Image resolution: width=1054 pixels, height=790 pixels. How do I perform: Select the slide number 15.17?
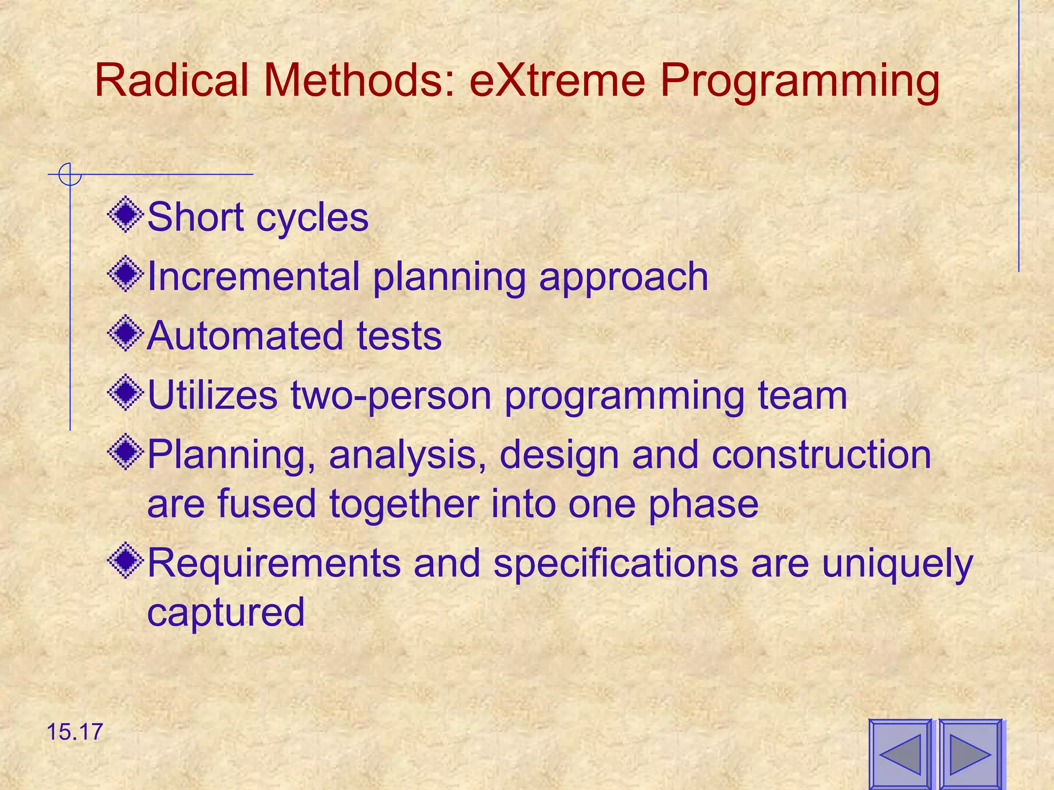click(x=75, y=732)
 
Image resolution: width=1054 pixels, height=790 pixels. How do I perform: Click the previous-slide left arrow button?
click(x=900, y=755)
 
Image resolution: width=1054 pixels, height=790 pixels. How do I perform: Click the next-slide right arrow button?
click(x=971, y=755)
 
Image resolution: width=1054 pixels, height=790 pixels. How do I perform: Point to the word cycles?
click(x=312, y=218)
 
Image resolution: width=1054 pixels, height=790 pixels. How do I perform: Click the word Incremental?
click(x=253, y=276)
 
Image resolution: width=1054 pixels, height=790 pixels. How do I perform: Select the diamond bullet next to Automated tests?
click(x=126, y=334)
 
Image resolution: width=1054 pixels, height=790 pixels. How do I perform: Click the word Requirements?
click(x=274, y=563)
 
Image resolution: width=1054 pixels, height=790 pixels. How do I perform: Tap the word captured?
click(x=226, y=612)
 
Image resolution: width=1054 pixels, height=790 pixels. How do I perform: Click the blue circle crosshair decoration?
click(x=70, y=174)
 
